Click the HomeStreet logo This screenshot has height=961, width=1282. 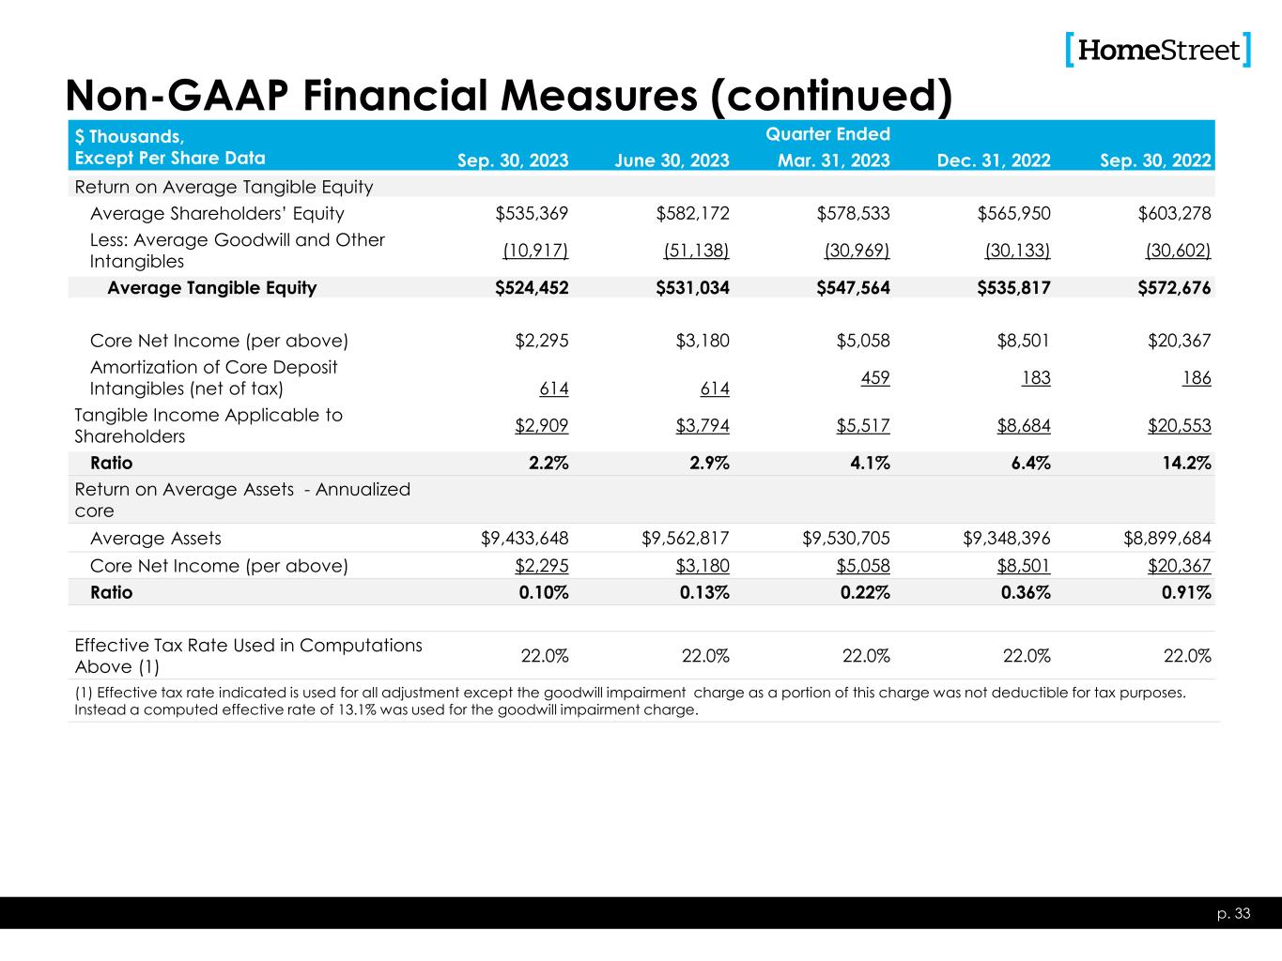pos(1159,50)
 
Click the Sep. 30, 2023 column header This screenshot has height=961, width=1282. pos(512,160)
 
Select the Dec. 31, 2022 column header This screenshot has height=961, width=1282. pos(994,160)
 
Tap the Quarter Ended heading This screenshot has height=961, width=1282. pos(827,134)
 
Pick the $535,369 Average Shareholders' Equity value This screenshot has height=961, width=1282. pos(532,214)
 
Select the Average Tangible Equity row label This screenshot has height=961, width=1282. pos(211,288)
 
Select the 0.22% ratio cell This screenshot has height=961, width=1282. pos(865,593)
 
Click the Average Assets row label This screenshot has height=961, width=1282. pos(156,539)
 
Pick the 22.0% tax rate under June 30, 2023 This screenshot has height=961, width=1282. pos(705,656)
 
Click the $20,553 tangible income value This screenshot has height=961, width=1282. pos(1179,426)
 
